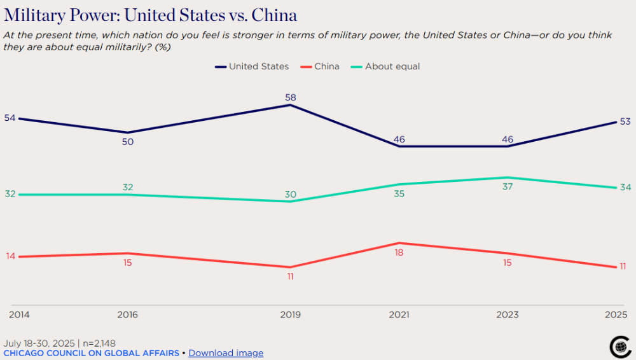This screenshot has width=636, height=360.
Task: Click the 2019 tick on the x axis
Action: [x=291, y=315]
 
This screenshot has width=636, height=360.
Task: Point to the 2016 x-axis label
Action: [x=127, y=315]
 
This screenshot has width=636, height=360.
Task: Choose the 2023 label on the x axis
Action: [x=507, y=315]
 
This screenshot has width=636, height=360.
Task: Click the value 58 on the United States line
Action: [x=291, y=97]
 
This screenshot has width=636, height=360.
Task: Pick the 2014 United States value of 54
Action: [x=10, y=118]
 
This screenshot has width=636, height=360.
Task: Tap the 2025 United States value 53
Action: [x=625, y=121]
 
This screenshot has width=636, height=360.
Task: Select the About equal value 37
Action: [x=507, y=187]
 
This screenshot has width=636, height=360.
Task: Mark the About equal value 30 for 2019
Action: [x=291, y=194]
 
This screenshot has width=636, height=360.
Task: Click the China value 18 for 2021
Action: [x=399, y=253]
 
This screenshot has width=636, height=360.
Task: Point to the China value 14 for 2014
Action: [x=10, y=256]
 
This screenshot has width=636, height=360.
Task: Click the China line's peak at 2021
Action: [x=399, y=243]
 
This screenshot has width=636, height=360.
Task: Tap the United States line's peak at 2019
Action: [x=291, y=105]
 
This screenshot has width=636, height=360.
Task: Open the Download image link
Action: [x=226, y=353]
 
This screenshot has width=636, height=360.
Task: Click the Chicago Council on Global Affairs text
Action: [x=92, y=353]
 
